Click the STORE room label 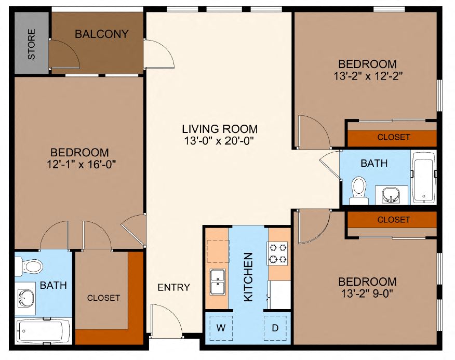pyautogui.click(x=31, y=44)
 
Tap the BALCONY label pyautogui.click(x=101, y=34)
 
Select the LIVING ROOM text pyautogui.click(x=220, y=129)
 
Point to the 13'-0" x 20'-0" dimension pyautogui.click(x=220, y=140)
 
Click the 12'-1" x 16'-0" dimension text pyautogui.click(x=79, y=165)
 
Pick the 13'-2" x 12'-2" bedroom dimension pyautogui.click(x=367, y=75)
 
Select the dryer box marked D pyautogui.click(x=275, y=328)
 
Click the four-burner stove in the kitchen pyautogui.click(x=278, y=253)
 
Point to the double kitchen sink pyautogui.click(x=217, y=282)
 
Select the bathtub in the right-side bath pyautogui.click(x=423, y=178)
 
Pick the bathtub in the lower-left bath pyautogui.click(x=43, y=330)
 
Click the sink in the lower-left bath pyautogui.click(x=25, y=299)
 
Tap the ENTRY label pyautogui.click(x=173, y=287)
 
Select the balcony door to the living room pyautogui.click(x=158, y=54)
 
